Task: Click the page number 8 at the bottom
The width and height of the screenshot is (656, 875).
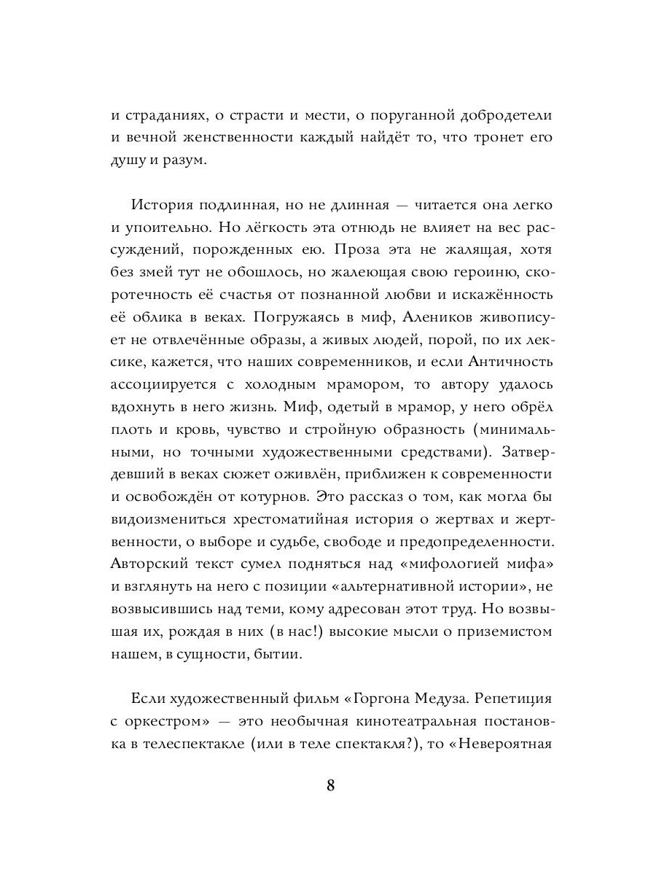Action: tap(330, 787)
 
